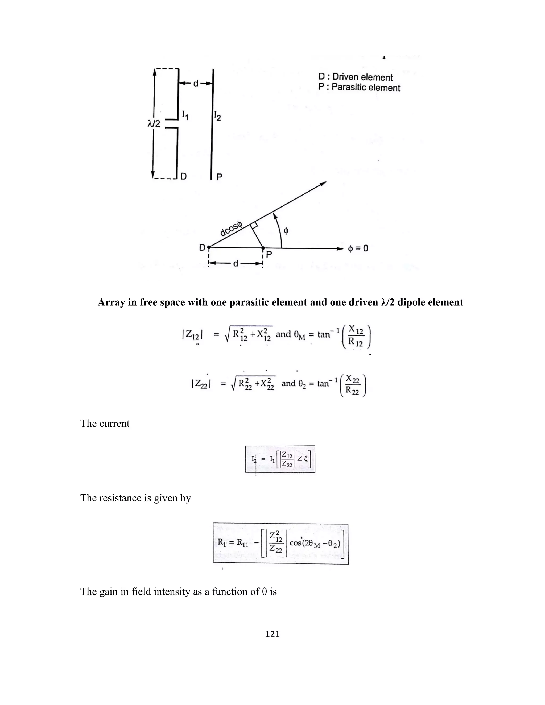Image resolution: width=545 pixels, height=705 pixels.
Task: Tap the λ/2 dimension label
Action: tap(154, 124)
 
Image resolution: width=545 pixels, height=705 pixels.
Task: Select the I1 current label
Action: tap(185, 115)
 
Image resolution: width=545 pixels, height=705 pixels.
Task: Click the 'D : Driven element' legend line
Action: tap(355, 77)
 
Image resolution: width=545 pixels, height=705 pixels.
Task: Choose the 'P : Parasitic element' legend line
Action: tap(359, 88)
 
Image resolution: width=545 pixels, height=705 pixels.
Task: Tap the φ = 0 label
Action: tap(358, 248)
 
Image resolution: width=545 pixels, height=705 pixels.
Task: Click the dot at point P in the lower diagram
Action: tap(263, 248)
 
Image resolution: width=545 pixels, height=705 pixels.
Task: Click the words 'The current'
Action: tap(105, 424)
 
